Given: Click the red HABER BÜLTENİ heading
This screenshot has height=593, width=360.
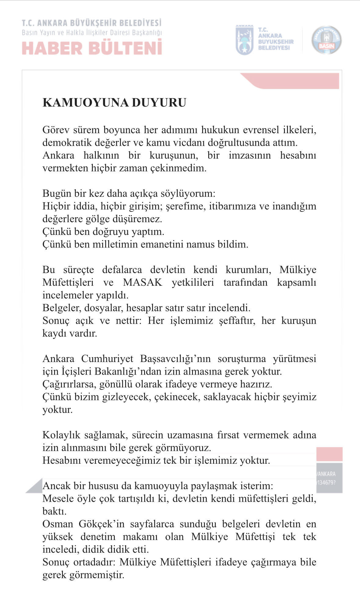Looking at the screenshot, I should tap(92, 48).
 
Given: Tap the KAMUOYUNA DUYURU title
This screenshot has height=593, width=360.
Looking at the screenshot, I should tap(114, 103).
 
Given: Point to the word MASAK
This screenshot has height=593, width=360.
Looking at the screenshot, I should tap(142, 282).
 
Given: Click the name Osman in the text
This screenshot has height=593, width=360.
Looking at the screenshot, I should tap(58, 524).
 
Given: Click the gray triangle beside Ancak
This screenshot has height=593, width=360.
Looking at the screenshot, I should tap(35, 486).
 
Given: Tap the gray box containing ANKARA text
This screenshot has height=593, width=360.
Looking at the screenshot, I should tap(329, 478).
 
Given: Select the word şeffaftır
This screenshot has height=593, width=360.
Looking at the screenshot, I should tap(237, 321).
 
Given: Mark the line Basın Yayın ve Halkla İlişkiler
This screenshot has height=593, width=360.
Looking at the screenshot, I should tap(92, 33).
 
